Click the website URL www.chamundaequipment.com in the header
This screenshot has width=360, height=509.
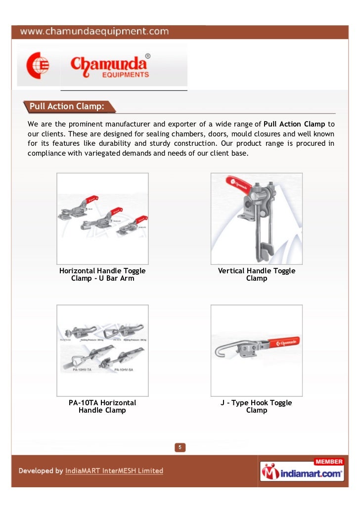coord(94,32)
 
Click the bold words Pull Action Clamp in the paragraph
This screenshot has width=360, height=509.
coord(294,124)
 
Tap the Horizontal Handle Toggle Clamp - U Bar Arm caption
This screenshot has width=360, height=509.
coord(102,274)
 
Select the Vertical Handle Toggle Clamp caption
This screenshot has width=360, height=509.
coord(256,274)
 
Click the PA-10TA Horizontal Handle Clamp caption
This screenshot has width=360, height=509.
coord(102,406)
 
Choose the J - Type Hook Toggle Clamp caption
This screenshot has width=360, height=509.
coord(256,406)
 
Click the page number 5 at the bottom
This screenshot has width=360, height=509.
coord(180,448)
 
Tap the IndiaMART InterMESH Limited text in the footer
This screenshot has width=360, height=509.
coord(114,471)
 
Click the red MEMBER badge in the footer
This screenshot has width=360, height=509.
coord(329,462)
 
